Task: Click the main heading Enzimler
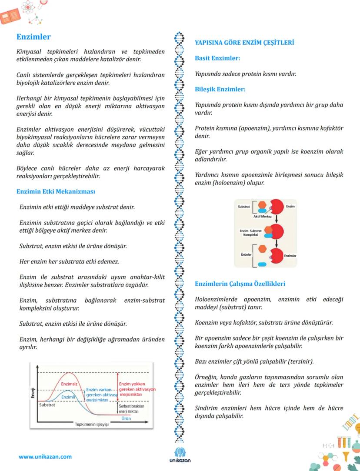click(x=33, y=37)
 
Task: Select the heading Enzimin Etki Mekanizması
click(x=56, y=191)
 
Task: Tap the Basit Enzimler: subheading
click(x=217, y=58)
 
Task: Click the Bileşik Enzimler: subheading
click(x=220, y=89)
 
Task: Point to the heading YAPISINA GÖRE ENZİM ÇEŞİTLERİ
click(x=244, y=43)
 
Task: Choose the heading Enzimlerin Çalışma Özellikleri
click(x=240, y=284)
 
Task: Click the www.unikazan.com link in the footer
click(x=45, y=457)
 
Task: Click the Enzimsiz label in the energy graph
click(x=69, y=384)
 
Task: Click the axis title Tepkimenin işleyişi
click(x=91, y=424)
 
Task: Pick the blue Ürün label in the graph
click(x=126, y=418)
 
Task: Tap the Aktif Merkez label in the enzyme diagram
click(x=262, y=216)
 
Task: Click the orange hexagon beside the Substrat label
click(x=262, y=205)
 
